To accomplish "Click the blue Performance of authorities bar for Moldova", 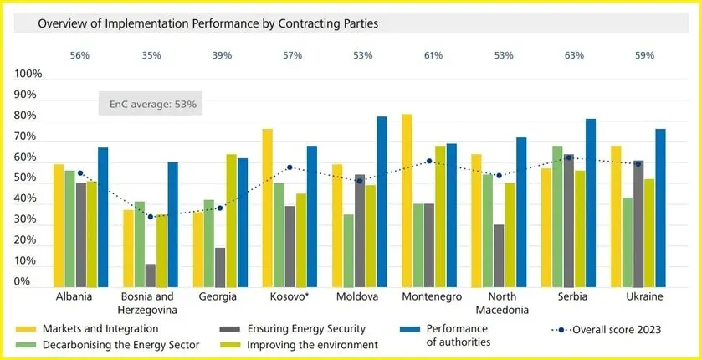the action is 382,202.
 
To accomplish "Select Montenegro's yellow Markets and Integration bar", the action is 407,201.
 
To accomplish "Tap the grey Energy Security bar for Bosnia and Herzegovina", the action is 151,275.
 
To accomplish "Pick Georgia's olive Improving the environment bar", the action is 232,220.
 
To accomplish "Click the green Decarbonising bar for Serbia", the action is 557,216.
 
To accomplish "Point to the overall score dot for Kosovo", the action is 290,167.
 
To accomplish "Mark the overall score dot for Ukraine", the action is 638,164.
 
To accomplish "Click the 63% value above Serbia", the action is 575,55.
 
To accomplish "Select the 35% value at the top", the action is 151,55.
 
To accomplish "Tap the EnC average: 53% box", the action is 151,104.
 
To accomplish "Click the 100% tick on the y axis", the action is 28,74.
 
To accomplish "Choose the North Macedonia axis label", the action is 502,303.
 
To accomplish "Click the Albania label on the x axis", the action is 74,297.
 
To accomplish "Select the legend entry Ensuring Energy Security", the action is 292,329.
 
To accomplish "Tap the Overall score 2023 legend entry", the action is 607,330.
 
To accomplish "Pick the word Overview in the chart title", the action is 58,23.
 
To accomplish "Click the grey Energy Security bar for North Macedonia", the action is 499,255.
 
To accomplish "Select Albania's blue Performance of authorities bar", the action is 103,217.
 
